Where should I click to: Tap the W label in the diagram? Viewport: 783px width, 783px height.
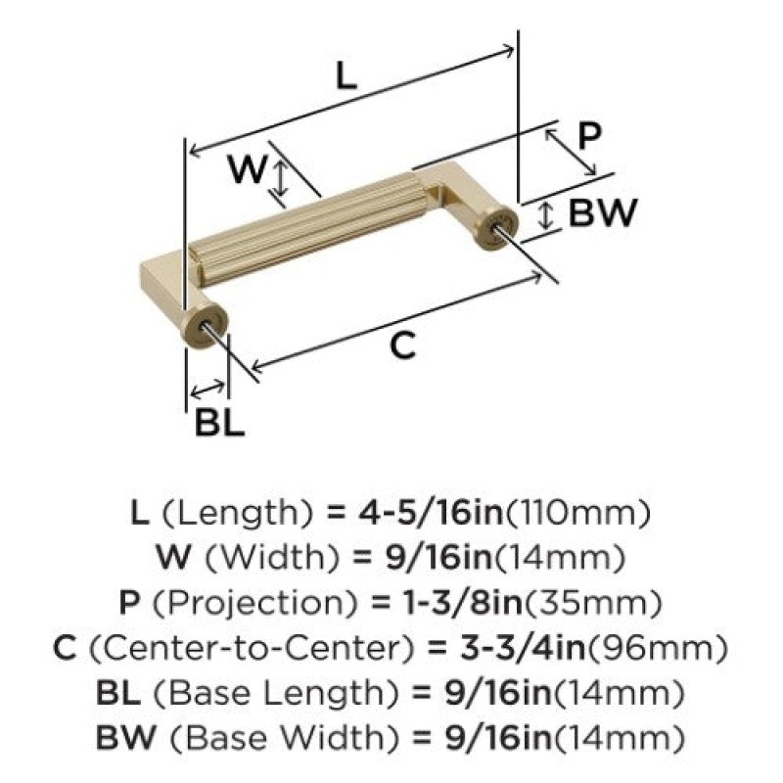pyautogui.click(x=248, y=168)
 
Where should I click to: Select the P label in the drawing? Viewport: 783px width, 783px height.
pyautogui.click(x=589, y=136)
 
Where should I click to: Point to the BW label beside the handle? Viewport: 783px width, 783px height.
pyautogui.click(x=603, y=212)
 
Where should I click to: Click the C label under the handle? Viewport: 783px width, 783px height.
pyautogui.click(x=402, y=345)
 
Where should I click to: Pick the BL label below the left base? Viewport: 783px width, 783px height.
pyautogui.click(x=219, y=423)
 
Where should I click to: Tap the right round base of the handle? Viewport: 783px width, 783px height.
pyautogui.click(x=496, y=228)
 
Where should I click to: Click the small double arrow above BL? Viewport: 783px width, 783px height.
pyautogui.click(x=207, y=389)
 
